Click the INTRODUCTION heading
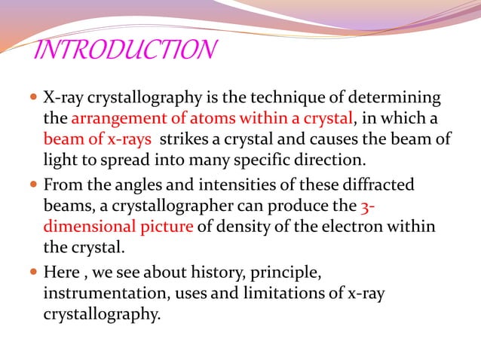(126, 50)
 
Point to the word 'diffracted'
(381, 185)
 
